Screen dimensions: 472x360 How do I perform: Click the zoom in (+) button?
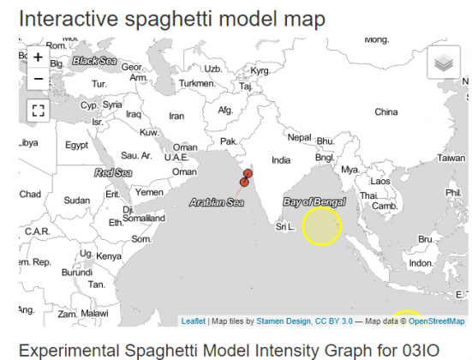click(x=39, y=57)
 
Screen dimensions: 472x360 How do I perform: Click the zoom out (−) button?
click(x=39, y=79)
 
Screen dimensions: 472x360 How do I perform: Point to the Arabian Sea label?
click(x=217, y=203)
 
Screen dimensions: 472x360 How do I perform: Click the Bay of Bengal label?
click(x=314, y=201)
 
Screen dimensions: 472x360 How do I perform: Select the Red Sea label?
click(x=113, y=172)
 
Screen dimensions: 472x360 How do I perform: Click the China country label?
click(x=386, y=111)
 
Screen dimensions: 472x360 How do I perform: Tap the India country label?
click(x=281, y=160)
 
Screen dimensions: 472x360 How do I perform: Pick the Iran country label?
click(x=176, y=116)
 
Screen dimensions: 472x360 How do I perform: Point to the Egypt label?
click(x=76, y=145)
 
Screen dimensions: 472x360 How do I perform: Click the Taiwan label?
click(x=451, y=158)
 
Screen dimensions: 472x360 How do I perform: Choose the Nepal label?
click(x=299, y=137)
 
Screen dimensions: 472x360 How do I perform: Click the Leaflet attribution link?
click(x=193, y=321)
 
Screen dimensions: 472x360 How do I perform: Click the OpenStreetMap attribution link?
click(x=438, y=321)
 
